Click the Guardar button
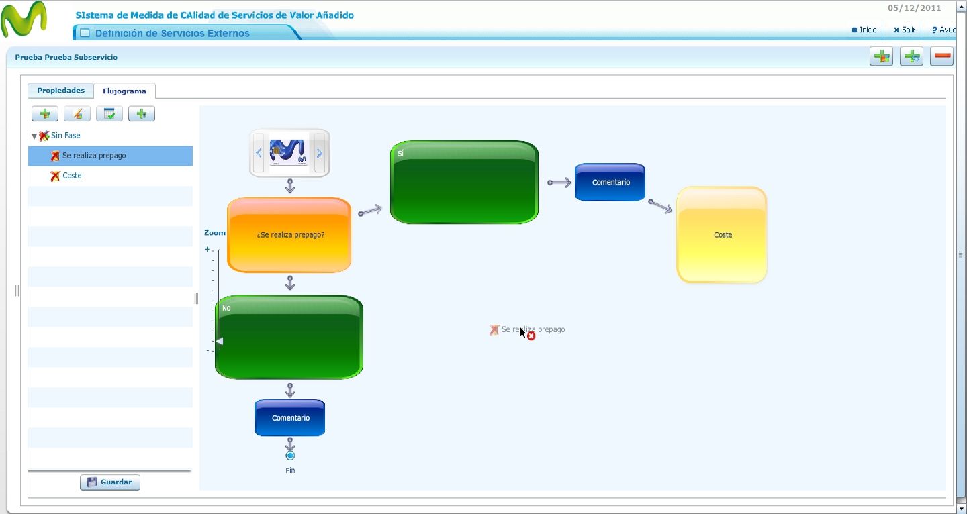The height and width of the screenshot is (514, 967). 110,482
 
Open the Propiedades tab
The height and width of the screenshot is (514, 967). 61,90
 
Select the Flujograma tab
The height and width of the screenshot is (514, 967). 124,91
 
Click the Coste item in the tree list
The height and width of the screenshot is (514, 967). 72,176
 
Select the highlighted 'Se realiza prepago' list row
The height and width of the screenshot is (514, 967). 110,156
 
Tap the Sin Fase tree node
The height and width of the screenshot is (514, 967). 65,136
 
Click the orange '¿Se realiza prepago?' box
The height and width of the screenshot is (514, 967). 289,235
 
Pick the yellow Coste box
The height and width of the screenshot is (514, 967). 722,235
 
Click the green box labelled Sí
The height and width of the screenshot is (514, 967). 464,182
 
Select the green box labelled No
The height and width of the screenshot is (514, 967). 289,338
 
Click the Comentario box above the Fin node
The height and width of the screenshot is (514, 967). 289,418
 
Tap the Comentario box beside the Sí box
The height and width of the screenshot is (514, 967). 610,182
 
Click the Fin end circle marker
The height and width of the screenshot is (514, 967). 290,456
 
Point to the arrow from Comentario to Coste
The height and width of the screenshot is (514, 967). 660,206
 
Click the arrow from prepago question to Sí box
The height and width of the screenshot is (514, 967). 370,211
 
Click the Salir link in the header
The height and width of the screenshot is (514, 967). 905,30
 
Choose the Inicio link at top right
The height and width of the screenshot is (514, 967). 864,30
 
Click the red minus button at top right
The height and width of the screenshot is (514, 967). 941,56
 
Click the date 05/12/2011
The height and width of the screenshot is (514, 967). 915,8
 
